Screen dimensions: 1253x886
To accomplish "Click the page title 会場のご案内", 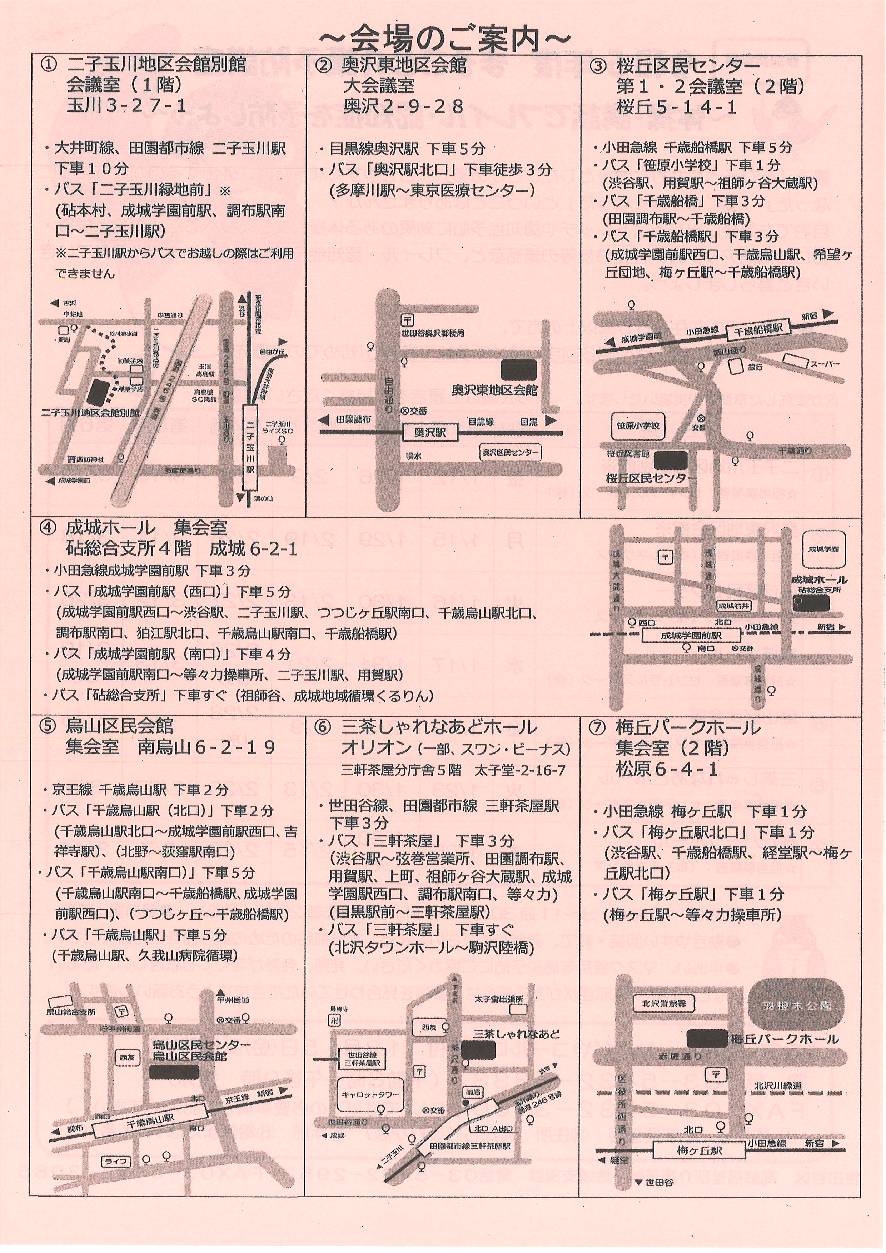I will pyautogui.click(x=443, y=39).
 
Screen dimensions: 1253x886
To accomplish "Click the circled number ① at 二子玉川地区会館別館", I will pyautogui.click(x=49, y=65).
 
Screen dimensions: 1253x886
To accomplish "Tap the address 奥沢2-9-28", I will pyautogui.click(x=403, y=106).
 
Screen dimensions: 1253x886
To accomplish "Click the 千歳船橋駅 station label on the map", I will pyautogui.click(x=758, y=330).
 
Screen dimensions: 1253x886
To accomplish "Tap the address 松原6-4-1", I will pyautogui.click(x=666, y=769).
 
